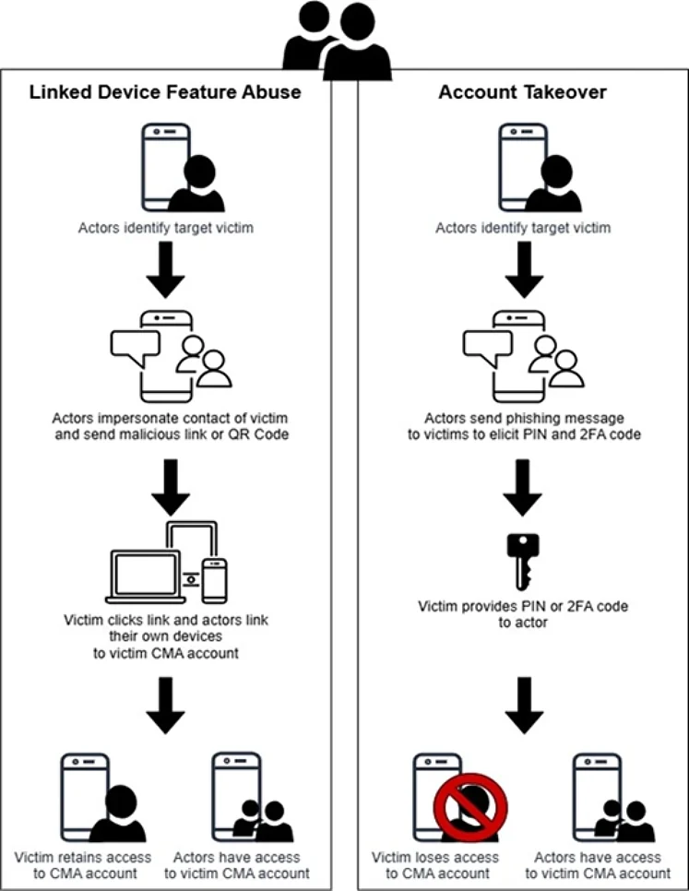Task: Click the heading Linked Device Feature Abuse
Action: (x=167, y=92)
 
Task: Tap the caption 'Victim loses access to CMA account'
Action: (x=435, y=865)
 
